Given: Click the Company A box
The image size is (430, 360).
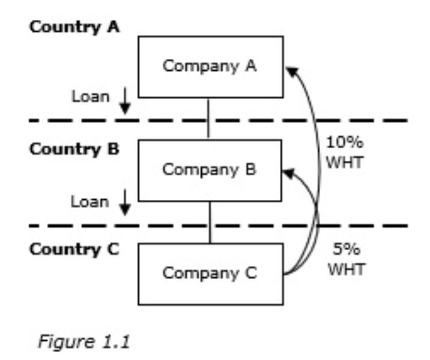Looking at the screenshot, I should (x=210, y=66).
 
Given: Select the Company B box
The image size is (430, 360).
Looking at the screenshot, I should (x=210, y=170).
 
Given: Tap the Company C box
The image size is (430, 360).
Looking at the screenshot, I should (x=210, y=274).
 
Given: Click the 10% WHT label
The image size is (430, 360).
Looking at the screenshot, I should (x=344, y=153).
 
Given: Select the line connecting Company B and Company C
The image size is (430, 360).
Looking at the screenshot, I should (x=210, y=222).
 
